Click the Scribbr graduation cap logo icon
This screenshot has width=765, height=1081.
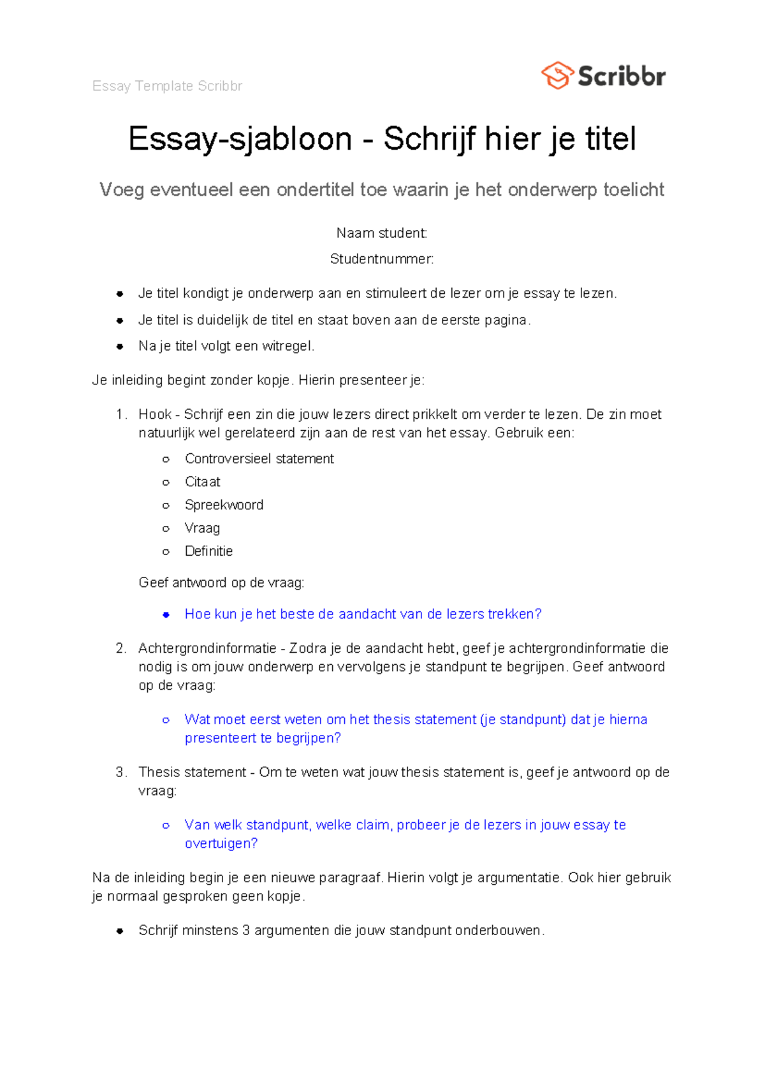point(557,75)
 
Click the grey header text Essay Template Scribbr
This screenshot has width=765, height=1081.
point(167,86)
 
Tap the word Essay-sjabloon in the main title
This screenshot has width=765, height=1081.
point(240,139)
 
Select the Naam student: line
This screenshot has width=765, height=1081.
point(381,233)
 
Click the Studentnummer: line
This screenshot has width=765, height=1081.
point(381,259)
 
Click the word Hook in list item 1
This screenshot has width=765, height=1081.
point(155,414)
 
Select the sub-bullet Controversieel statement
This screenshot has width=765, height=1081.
point(259,459)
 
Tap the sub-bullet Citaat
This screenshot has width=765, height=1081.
point(202,482)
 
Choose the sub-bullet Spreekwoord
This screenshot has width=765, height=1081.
point(224,505)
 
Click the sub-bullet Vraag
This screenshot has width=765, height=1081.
point(202,528)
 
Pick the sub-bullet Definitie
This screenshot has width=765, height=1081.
point(208,551)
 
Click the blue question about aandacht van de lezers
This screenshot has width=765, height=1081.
point(363,614)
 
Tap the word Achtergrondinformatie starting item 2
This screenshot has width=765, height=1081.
point(207,648)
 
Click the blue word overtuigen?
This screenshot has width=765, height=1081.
point(221,843)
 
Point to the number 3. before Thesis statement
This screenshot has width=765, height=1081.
point(121,773)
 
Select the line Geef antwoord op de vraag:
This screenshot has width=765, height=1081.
point(221,583)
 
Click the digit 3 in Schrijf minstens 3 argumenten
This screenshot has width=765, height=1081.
point(245,931)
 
